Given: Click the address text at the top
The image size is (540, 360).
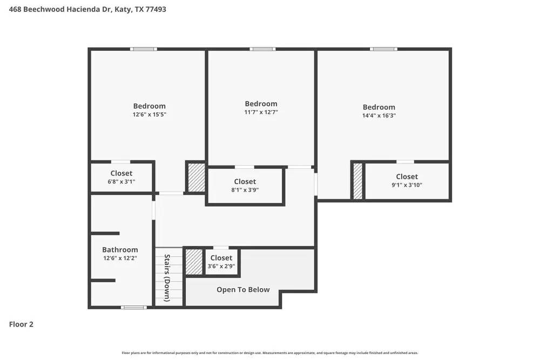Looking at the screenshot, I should (87, 9).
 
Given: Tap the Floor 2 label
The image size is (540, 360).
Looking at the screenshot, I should (21, 324).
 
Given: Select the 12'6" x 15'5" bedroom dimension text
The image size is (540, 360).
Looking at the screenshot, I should (150, 114).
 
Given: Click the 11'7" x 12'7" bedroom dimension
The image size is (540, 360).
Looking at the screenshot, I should (261, 112).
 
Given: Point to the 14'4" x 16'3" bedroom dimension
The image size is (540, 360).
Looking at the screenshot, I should (379, 116).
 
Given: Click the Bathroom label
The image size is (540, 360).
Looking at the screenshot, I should (120, 250).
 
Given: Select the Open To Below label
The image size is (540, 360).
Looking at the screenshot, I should (243, 290).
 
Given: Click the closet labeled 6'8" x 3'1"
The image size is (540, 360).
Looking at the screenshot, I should (122, 177).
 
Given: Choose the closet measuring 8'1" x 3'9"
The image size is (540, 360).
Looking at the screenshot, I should (245, 186).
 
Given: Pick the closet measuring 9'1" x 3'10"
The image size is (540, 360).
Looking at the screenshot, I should (407, 181).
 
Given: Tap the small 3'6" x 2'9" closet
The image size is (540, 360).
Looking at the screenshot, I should (221, 262).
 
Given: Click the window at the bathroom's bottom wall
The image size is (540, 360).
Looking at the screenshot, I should (133, 308).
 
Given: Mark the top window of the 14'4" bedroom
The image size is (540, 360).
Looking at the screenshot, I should (383, 49).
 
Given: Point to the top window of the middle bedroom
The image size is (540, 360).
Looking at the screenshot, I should (262, 49).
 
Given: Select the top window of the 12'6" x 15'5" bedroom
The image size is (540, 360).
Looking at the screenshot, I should (144, 49).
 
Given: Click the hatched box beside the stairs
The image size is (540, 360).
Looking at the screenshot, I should (194, 262).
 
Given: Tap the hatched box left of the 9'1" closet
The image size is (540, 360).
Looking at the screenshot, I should (357, 181).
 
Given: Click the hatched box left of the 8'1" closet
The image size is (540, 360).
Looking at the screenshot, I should (196, 177).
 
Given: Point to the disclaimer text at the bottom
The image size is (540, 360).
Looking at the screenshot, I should (270, 353).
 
